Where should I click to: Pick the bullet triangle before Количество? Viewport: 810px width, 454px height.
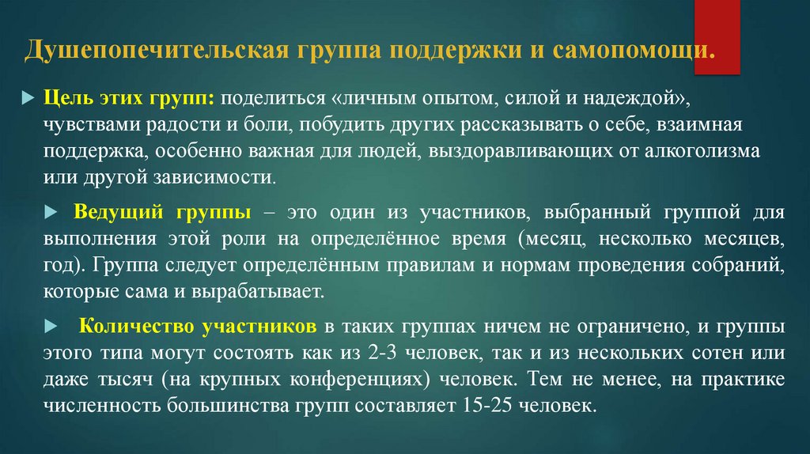click(53, 326)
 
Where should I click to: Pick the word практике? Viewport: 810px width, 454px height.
click(742, 380)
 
